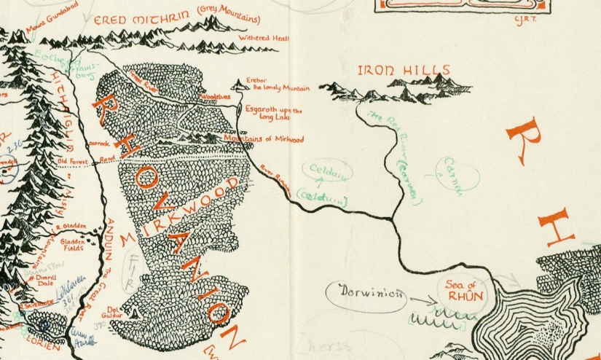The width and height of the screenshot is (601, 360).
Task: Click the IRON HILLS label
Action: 404,71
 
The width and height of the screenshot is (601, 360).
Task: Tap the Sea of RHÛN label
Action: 460,290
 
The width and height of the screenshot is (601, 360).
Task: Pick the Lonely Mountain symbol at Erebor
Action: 239,86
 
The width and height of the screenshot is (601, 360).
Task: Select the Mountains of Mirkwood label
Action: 263,138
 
